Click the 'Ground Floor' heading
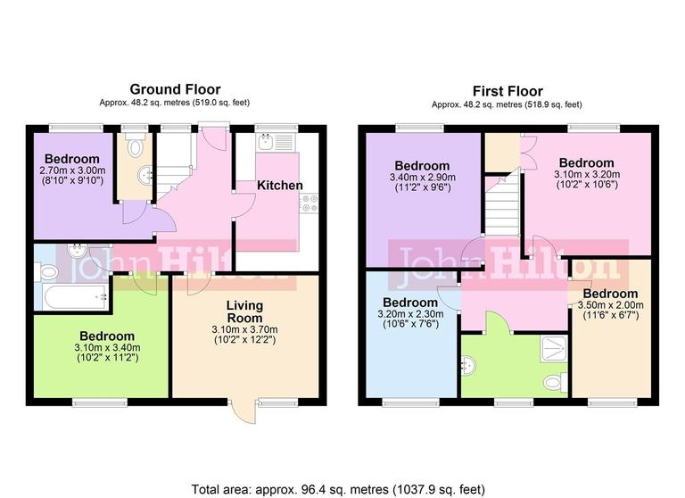175,89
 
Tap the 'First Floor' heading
507,91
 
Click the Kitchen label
280,186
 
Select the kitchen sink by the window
268,144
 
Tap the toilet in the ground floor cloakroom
136,148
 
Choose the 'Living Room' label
243,311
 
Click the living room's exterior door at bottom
243,411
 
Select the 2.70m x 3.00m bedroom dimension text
72,170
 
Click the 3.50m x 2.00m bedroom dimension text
611,304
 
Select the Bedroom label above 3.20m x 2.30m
409,302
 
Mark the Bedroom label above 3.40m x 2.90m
422,166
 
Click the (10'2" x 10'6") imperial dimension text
585,186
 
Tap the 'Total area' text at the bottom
340,488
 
